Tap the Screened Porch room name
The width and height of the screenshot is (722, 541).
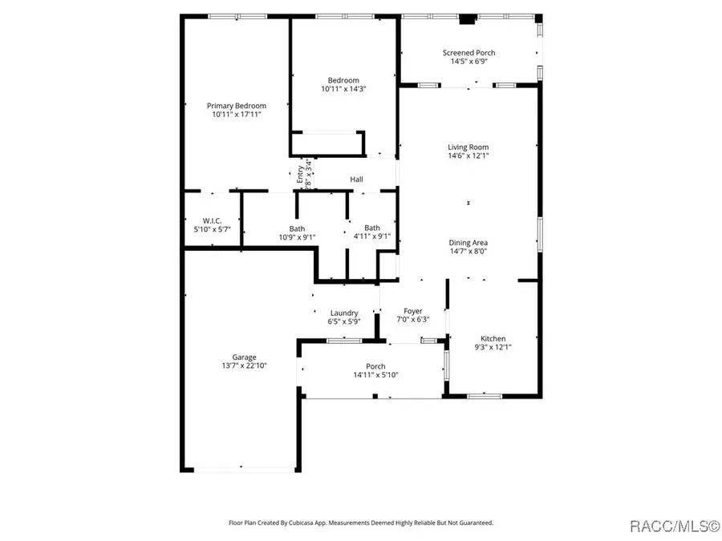point(469,53)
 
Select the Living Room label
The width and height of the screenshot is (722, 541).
point(468,147)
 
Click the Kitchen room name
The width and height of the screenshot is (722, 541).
point(493,338)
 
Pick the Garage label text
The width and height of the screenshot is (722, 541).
point(245,357)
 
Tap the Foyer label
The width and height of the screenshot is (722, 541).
point(412,311)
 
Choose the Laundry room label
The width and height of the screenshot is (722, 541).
point(344,313)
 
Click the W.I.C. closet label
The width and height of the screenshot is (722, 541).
point(212,220)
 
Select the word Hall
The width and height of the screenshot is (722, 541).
point(356,180)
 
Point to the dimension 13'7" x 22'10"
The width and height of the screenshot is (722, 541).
point(245,366)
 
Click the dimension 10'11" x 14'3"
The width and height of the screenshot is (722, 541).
point(343,89)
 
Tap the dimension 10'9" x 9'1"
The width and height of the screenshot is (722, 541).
point(297,236)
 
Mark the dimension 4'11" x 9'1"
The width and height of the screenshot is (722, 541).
point(372,236)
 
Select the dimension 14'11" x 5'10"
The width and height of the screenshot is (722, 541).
point(376,375)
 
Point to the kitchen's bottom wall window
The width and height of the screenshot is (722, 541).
point(485,395)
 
